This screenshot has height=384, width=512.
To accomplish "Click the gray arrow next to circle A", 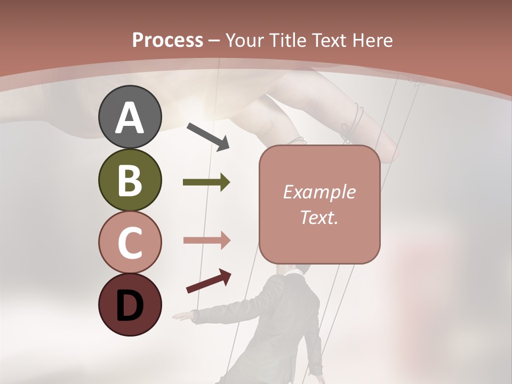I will pos(208,136).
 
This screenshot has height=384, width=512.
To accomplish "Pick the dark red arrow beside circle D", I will pos(208,281).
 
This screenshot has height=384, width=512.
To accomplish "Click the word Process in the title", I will pos(167,40).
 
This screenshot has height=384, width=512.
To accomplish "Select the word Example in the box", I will pos(319,192).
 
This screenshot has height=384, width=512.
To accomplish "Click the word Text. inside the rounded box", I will pos(319,217).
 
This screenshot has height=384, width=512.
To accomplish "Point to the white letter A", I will pos(130,118).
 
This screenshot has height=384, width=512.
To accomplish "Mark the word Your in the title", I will pos(245,40).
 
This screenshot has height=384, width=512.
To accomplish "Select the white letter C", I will pos(130,243).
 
